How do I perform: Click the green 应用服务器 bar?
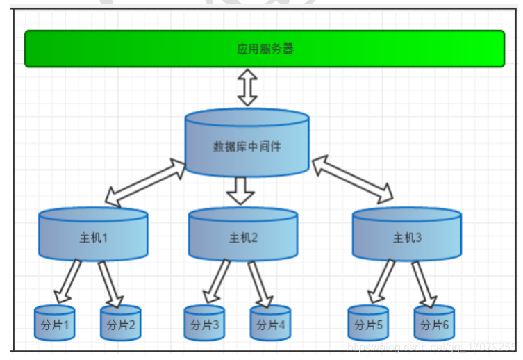(265, 49)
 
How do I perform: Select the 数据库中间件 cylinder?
(247, 146)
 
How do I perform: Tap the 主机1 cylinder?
(93, 236)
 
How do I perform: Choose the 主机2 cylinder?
(243, 236)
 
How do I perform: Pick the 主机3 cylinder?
(407, 236)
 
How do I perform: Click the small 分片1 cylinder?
(54, 325)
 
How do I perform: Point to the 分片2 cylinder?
(121, 325)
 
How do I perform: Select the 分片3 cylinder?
(204, 325)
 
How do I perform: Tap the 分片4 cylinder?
(271, 325)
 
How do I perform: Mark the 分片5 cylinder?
(368, 325)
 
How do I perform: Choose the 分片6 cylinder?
(435, 325)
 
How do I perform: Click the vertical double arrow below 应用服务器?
(247, 88)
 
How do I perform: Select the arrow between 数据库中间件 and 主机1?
(146, 183)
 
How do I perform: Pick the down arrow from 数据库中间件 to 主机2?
(241, 190)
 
